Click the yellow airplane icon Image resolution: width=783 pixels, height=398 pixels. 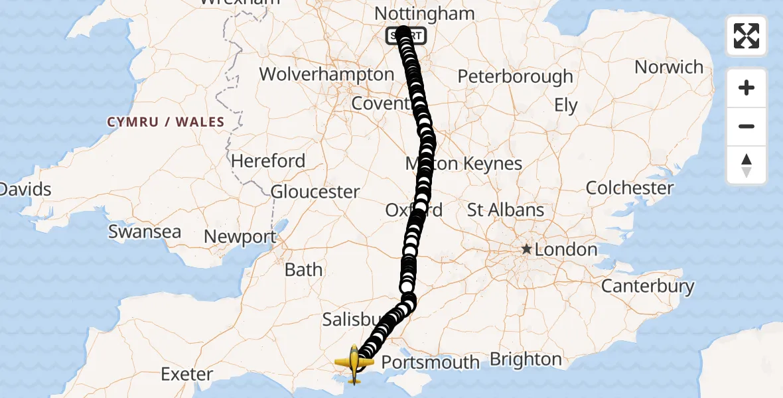pyautogui.click(x=354, y=364)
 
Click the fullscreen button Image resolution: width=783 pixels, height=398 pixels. pyautogui.click(x=747, y=36)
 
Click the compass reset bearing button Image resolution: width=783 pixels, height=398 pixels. pyautogui.click(x=747, y=165)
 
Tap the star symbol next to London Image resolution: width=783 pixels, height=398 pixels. pyautogui.click(x=526, y=249)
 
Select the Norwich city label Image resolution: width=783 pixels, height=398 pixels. pyautogui.click(x=669, y=67)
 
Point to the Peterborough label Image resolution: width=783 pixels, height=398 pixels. pyautogui.click(x=515, y=76)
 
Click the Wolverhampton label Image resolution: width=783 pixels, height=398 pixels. pyautogui.click(x=326, y=74)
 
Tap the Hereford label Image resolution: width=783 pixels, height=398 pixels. pyautogui.click(x=268, y=161)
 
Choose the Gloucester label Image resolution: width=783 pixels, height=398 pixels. pyautogui.click(x=316, y=192)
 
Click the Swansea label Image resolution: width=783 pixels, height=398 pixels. pyautogui.click(x=145, y=232)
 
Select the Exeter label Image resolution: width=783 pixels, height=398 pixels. pyautogui.click(x=187, y=374)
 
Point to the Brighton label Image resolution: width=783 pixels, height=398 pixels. pyautogui.click(x=526, y=360)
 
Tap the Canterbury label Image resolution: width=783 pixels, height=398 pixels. pyautogui.click(x=648, y=287)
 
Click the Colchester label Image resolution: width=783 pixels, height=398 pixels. pyautogui.click(x=630, y=188)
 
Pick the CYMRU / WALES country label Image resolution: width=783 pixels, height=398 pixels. pyautogui.click(x=166, y=122)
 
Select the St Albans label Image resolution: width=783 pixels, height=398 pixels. pyautogui.click(x=506, y=210)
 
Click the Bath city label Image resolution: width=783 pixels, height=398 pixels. pyautogui.click(x=303, y=270)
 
